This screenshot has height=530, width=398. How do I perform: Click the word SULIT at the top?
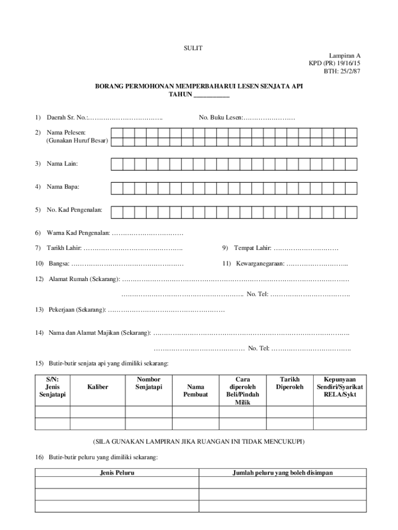(193, 48)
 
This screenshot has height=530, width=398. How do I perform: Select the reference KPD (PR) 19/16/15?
(334, 63)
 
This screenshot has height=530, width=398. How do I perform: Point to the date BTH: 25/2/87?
(342, 71)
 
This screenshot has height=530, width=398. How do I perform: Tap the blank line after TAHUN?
(211, 95)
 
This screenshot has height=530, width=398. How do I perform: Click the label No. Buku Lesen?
(221, 118)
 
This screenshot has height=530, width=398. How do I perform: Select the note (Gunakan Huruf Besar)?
(77, 141)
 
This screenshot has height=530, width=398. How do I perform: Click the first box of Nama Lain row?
(116, 164)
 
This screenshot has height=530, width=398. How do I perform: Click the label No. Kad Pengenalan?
(74, 210)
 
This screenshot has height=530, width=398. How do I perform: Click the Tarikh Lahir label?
(64, 248)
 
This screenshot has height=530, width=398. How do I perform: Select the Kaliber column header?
(98, 387)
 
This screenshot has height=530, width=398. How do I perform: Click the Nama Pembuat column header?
(195, 390)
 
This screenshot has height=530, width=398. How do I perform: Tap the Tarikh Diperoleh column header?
(289, 383)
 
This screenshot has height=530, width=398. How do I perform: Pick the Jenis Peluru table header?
(117, 473)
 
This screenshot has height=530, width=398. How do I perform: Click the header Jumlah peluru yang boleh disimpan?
(282, 473)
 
